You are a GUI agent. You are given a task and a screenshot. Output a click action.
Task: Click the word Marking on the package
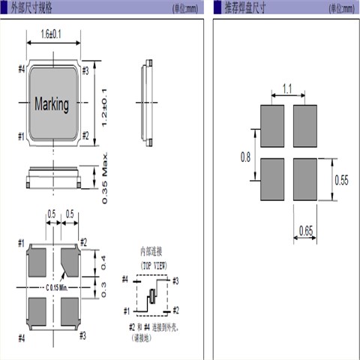click(52, 103)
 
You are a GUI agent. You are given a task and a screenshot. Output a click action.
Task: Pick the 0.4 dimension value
click(104, 262)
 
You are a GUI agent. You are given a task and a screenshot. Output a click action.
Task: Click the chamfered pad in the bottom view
click(71, 263)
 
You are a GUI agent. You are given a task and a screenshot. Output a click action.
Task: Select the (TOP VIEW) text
click(153, 265)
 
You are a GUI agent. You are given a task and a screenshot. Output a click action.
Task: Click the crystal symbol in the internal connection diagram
click(151, 296)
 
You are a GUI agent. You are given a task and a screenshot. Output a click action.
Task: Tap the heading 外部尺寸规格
click(34, 7)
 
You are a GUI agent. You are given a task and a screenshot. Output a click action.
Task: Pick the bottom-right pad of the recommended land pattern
click(305, 180)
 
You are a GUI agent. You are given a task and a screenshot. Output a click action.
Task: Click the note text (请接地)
click(140, 337)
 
